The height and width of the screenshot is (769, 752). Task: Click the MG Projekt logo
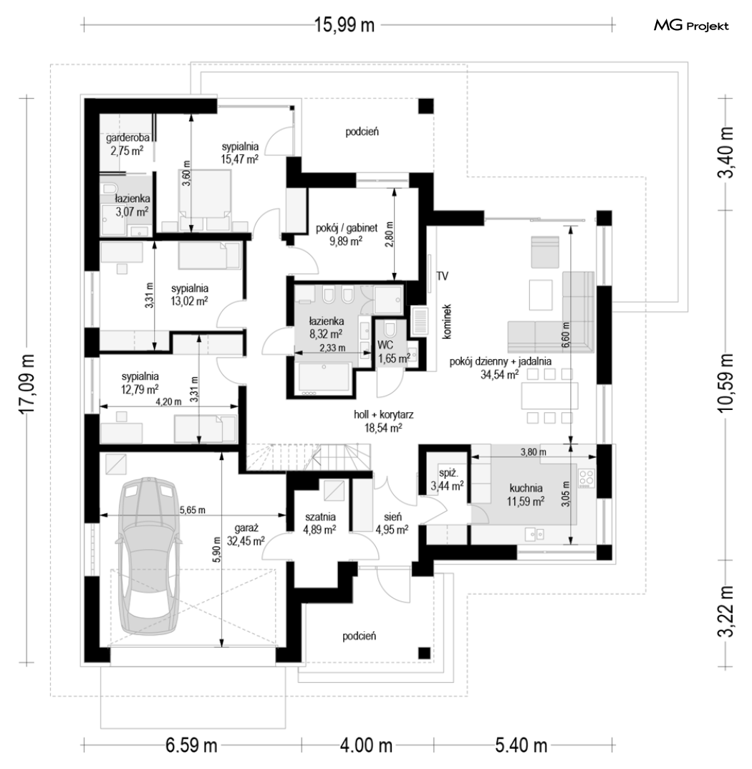(x=690, y=26)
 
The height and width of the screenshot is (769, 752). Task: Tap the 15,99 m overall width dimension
(x=344, y=24)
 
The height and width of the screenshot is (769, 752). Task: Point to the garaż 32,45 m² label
(x=246, y=535)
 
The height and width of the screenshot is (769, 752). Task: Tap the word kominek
(x=446, y=322)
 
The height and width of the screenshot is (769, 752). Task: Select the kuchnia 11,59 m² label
(x=526, y=495)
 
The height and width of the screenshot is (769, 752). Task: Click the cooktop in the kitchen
(x=587, y=479)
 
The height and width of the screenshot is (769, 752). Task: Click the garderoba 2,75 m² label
(x=127, y=145)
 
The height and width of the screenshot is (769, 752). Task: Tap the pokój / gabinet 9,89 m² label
(x=347, y=234)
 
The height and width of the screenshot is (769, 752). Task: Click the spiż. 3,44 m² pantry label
(x=447, y=480)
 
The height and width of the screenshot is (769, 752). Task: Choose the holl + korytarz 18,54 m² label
(x=383, y=421)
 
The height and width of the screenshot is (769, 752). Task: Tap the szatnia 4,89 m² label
(x=320, y=522)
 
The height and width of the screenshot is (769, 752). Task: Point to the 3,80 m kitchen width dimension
(x=534, y=452)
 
